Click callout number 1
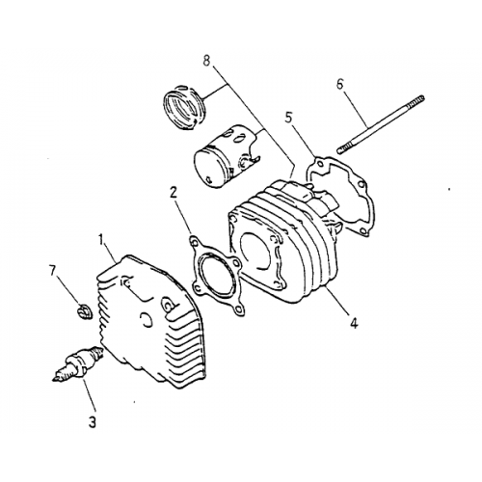[102, 237]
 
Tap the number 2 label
[174, 192]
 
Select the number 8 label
[205, 60]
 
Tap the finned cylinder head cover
[148, 313]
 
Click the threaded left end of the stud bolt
[345, 148]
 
